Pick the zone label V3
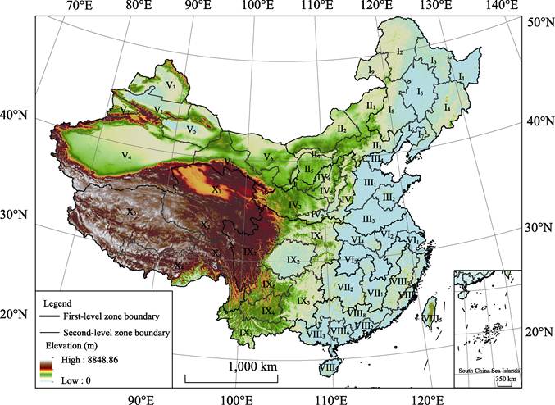coord(172,84)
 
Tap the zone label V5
coord(191,130)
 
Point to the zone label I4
coord(447,107)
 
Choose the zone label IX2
coord(293,260)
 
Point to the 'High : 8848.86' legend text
coord(84,359)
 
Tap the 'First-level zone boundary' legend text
coord(111,316)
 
